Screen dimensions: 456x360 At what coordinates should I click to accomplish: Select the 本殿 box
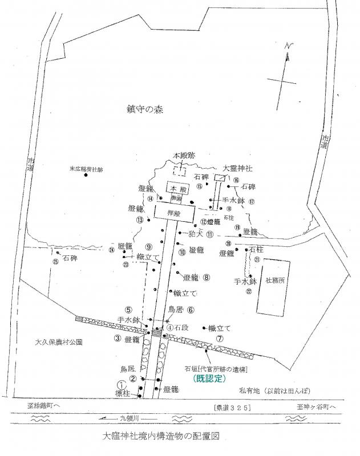[x=173, y=188]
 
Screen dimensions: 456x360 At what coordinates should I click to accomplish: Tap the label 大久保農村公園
[x=59, y=343]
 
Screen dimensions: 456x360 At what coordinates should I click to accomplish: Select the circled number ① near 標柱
[x=121, y=385]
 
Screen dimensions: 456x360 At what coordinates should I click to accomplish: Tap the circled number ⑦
[x=220, y=337]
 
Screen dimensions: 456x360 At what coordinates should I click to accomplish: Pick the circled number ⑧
[x=207, y=278]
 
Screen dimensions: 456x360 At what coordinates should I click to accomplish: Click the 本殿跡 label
[x=184, y=156]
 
